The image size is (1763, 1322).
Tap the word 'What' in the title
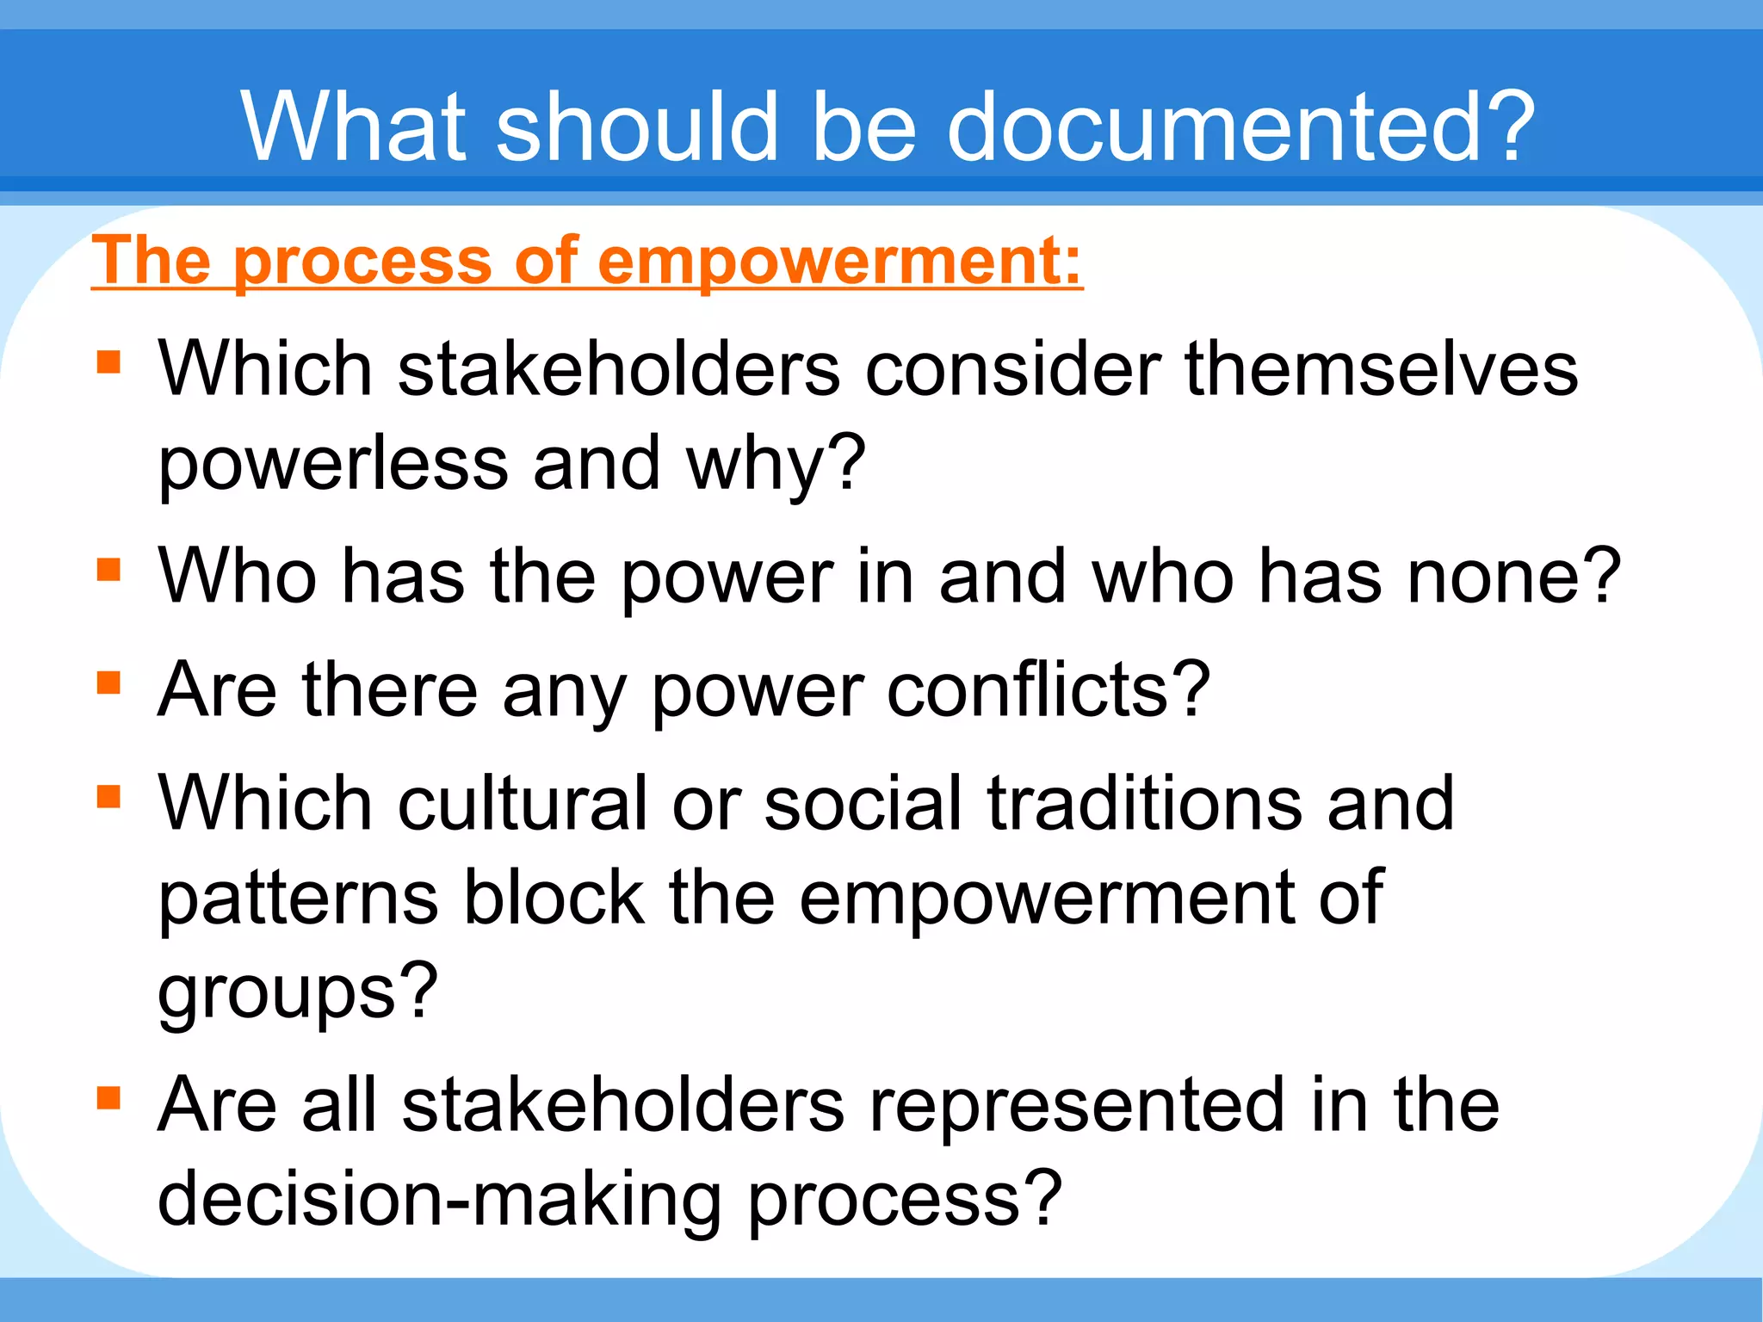pos(354,127)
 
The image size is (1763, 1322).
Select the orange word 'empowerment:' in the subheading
pos(839,260)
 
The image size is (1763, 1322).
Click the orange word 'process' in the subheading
pos(362,262)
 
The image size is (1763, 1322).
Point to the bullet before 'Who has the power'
pos(108,570)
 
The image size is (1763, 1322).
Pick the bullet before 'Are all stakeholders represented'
pos(108,1098)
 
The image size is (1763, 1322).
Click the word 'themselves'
pos(1381,368)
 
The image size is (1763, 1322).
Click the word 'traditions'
pos(1145,803)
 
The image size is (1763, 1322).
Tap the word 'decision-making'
pos(440,1200)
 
